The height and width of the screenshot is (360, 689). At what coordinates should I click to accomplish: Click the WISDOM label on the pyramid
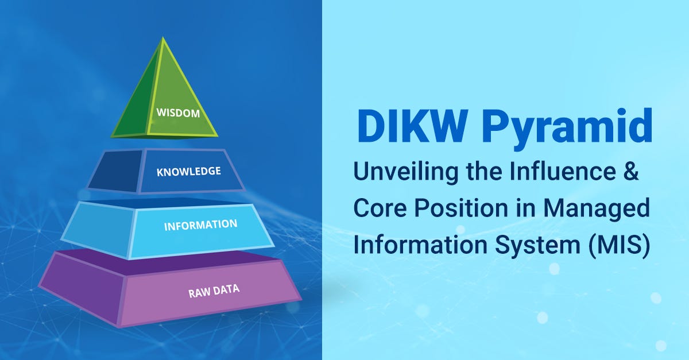pos(178,113)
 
